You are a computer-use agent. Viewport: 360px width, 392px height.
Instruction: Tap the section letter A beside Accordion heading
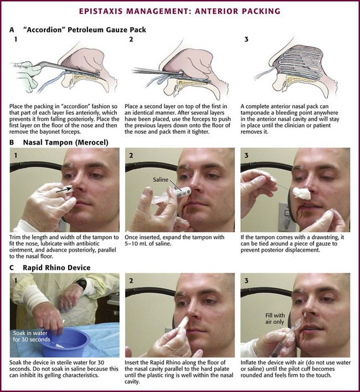[12, 30]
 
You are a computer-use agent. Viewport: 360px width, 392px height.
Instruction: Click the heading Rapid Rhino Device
[56, 268]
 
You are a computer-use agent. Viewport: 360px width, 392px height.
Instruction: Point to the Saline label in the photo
[161, 180]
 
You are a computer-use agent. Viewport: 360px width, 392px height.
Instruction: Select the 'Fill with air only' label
[275, 319]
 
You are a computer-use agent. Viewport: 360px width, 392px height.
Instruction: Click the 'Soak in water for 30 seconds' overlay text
[32, 336]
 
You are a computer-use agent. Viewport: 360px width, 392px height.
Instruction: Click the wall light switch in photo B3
[284, 216]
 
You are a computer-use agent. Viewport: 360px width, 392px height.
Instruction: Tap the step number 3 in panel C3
[246, 281]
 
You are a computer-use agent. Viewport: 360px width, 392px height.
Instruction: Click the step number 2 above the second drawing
[131, 39]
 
